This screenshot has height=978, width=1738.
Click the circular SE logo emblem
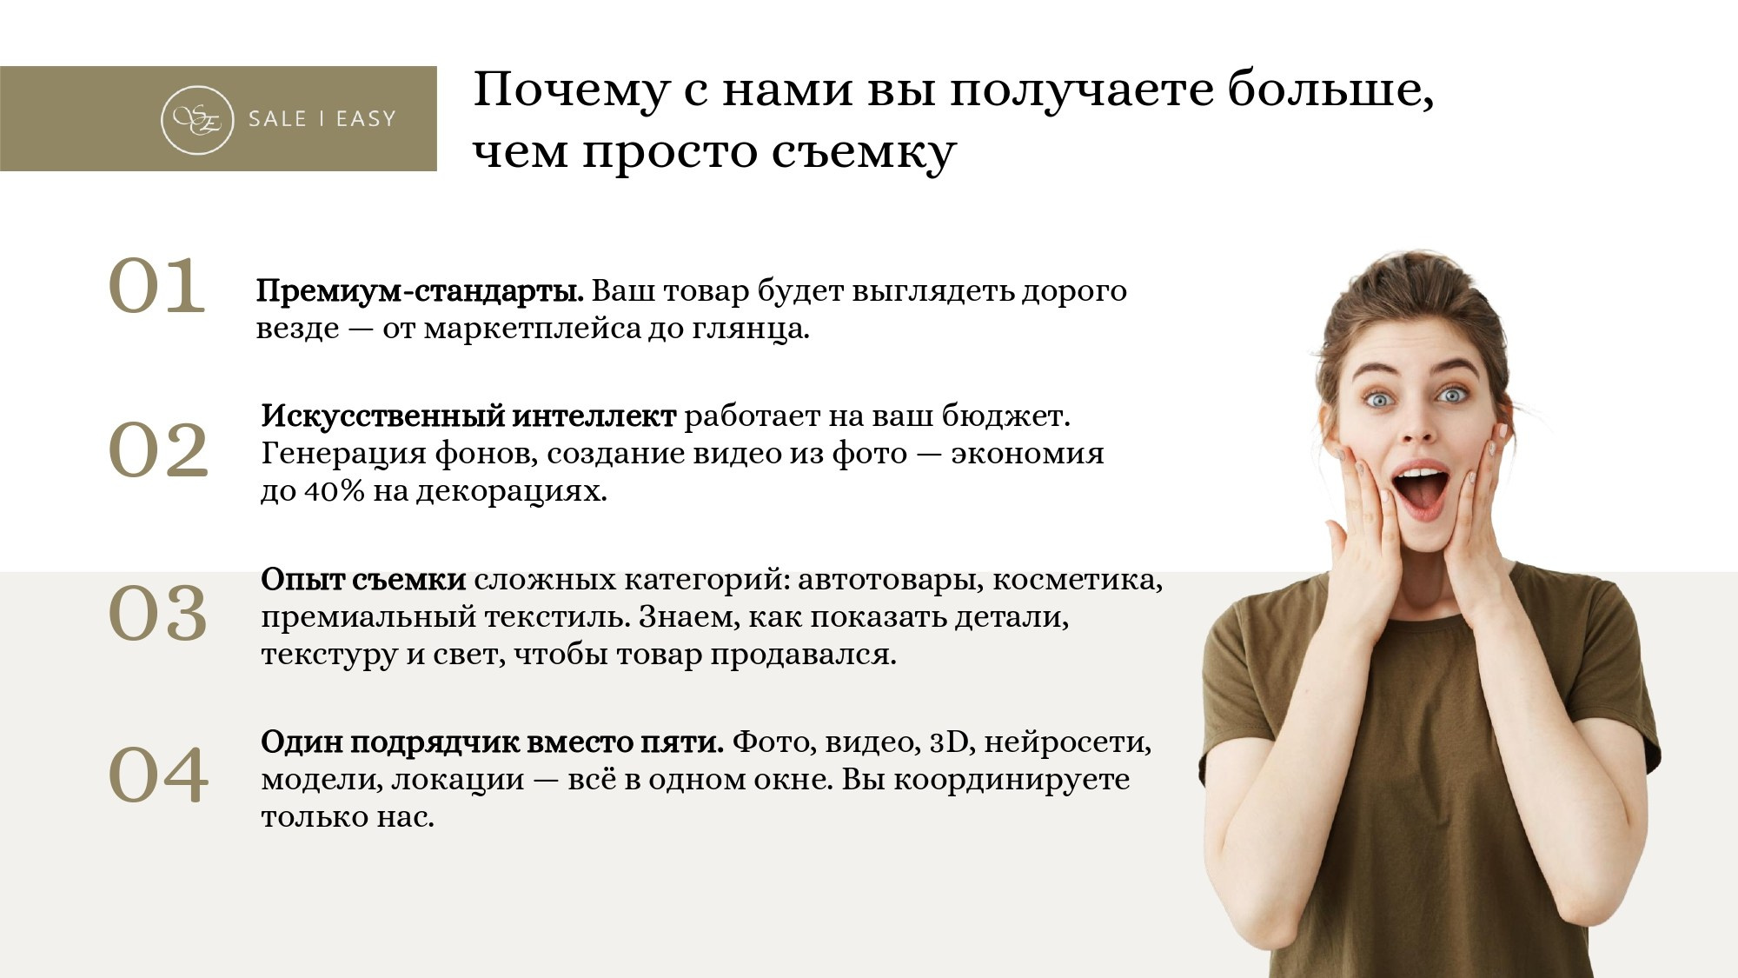(x=197, y=120)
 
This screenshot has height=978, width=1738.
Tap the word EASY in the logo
(x=366, y=119)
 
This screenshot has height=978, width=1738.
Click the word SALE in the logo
(x=277, y=119)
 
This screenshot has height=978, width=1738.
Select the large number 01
(x=157, y=286)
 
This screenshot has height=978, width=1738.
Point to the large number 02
(x=158, y=449)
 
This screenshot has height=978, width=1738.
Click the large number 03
(x=158, y=614)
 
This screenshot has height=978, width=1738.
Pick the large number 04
(x=158, y=775)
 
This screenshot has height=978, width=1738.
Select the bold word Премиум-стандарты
(x=420, y=291)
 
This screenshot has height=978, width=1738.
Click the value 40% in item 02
(x=334, y=492)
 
